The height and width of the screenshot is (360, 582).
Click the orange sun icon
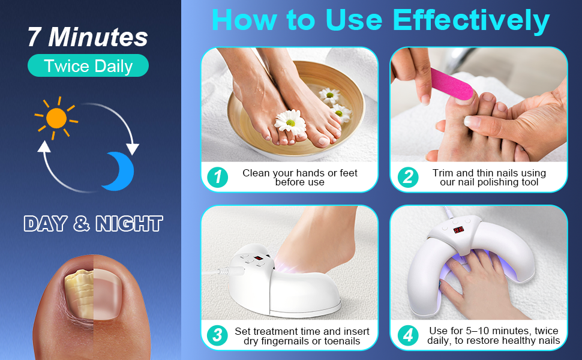(56, 118)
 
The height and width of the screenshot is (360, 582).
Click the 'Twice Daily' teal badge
(88, 65)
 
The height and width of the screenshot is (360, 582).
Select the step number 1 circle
(218, 177)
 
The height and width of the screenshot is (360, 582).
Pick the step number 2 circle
(408, 177)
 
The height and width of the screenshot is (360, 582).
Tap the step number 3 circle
(218, 335)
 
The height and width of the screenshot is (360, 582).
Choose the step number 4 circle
(408, 335)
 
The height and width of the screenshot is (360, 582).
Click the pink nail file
(451, 84)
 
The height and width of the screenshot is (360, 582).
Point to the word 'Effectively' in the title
(471, 20)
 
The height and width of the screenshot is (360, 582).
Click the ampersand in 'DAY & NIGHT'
(81, 223)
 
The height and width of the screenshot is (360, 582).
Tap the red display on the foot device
(259, 259)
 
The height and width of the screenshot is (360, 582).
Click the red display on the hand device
(459, 230)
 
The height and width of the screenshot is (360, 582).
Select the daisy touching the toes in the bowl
(290, 122)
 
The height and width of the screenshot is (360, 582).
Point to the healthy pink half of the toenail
(107, 294)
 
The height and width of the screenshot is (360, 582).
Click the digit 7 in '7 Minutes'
(34, 37)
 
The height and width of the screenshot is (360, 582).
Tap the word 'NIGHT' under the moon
(129, 223)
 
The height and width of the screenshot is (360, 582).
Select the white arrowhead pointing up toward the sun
(44, 146)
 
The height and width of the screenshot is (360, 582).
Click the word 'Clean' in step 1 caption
(256, 173)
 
